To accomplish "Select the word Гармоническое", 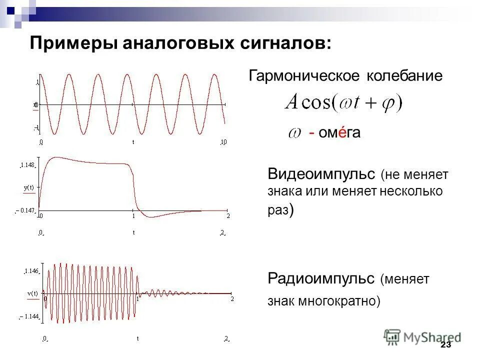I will point(305,76).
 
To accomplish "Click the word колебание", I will point(405,76).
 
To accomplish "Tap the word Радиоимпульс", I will point(321,278).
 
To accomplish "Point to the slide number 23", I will point(445,345).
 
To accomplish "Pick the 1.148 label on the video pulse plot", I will point(27,164).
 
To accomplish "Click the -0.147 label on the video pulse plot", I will point(25,211).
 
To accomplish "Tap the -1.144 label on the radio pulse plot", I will point(29,316).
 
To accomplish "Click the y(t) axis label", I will point(28,187).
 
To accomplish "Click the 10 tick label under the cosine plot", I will point(224,142).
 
